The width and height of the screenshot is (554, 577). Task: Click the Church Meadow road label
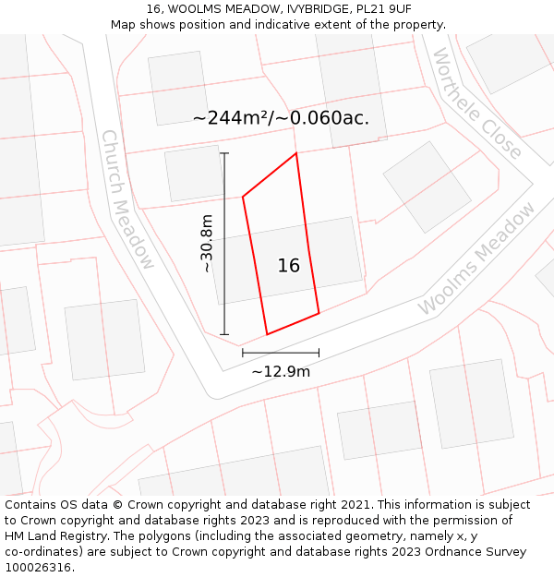(x=127, y=198)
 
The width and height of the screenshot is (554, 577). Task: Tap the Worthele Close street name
(x=476, y=102)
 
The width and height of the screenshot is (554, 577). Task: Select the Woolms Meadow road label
(x=476, y=258)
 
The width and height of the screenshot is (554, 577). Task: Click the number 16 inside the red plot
(x=288, y=266)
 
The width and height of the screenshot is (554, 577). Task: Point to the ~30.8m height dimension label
(x=207, y=243)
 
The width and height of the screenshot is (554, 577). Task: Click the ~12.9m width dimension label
(x=281, y=371)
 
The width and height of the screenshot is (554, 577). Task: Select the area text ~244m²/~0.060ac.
(x=281, y=118)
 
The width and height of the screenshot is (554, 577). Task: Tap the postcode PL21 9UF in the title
(x=379, y=9)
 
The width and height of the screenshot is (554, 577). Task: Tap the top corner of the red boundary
(x=295, y=153)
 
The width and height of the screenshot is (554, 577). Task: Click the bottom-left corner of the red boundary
(x=267, y=334)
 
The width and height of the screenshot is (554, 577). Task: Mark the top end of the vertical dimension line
(x=224, y=153)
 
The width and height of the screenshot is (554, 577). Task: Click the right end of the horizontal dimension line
(x=319, y=353)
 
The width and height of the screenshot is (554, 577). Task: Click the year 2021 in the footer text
(x=355, y=505)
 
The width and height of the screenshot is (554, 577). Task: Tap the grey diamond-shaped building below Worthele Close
(x=427, y=186)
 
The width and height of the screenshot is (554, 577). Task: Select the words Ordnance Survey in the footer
(x=480, y=552)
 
